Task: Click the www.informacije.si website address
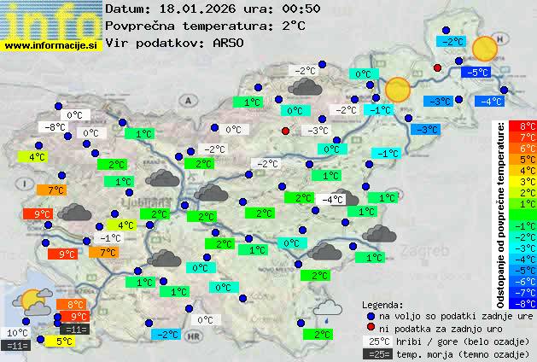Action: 51,45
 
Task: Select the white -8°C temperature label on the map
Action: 55,127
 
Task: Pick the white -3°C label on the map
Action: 318,131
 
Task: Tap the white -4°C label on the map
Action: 332,200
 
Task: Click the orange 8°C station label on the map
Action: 69,304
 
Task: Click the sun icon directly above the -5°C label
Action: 485,49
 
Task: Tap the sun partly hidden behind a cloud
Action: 32,300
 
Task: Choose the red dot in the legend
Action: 370,328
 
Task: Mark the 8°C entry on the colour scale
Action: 527,126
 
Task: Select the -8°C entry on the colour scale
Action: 527,302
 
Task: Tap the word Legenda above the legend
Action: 382,305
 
